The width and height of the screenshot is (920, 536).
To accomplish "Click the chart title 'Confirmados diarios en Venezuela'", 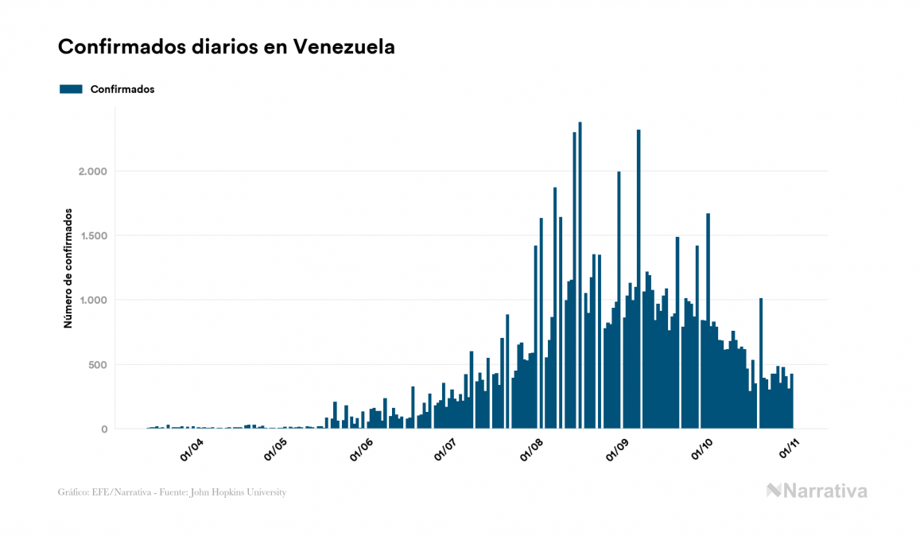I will pos(227,48).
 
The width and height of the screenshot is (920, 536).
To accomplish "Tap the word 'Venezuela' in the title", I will pos(344,48).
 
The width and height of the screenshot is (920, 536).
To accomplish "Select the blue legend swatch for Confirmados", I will pos(71,89).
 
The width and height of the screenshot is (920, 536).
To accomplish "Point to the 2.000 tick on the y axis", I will pos(92,171).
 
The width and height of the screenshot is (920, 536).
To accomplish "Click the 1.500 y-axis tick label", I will pos(92,235).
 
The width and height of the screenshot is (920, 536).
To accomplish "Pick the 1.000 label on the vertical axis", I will pos(92,300).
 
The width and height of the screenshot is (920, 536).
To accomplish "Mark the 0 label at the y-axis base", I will pos(104,429).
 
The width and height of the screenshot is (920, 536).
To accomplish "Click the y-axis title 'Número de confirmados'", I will pos(68,269).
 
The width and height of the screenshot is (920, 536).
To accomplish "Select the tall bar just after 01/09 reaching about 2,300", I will pos(639,278).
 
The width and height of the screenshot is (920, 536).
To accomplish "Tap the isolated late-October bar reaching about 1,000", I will pos(761,363).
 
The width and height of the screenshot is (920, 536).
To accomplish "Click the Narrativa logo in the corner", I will pos(817,491).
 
